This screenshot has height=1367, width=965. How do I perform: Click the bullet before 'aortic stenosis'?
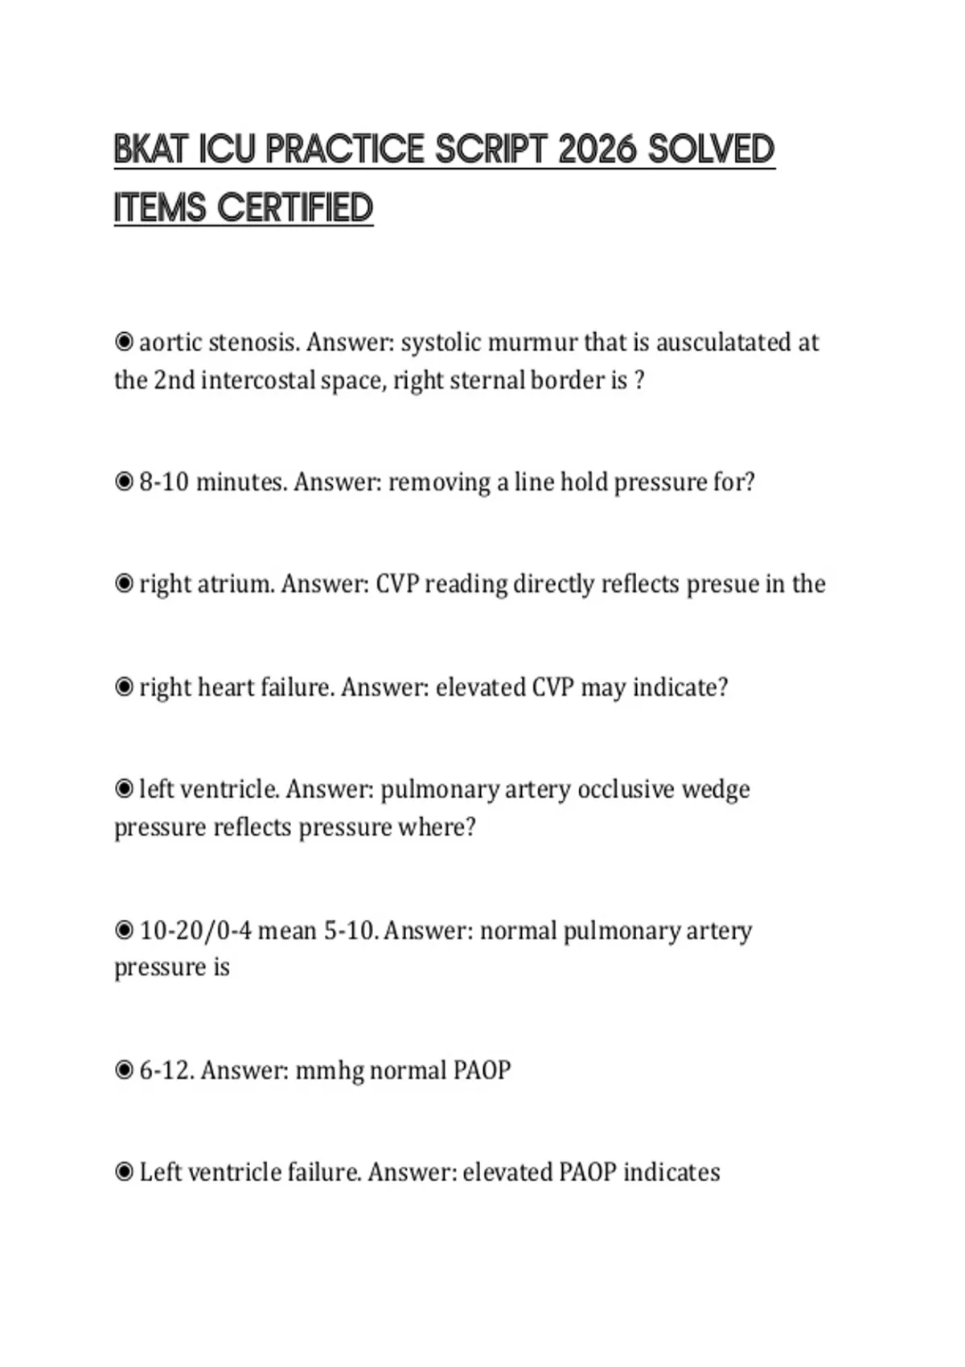pos(124,343)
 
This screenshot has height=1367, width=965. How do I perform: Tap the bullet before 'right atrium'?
pos(124,584)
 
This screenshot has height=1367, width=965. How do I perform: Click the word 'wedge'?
pos(716,789)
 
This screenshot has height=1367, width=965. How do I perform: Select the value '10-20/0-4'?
pos(195,930)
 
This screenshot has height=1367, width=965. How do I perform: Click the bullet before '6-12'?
pos(124,1070)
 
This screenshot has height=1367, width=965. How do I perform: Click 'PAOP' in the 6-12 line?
pos(482,1070)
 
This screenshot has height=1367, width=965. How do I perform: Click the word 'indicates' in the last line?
pos(671,1172)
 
